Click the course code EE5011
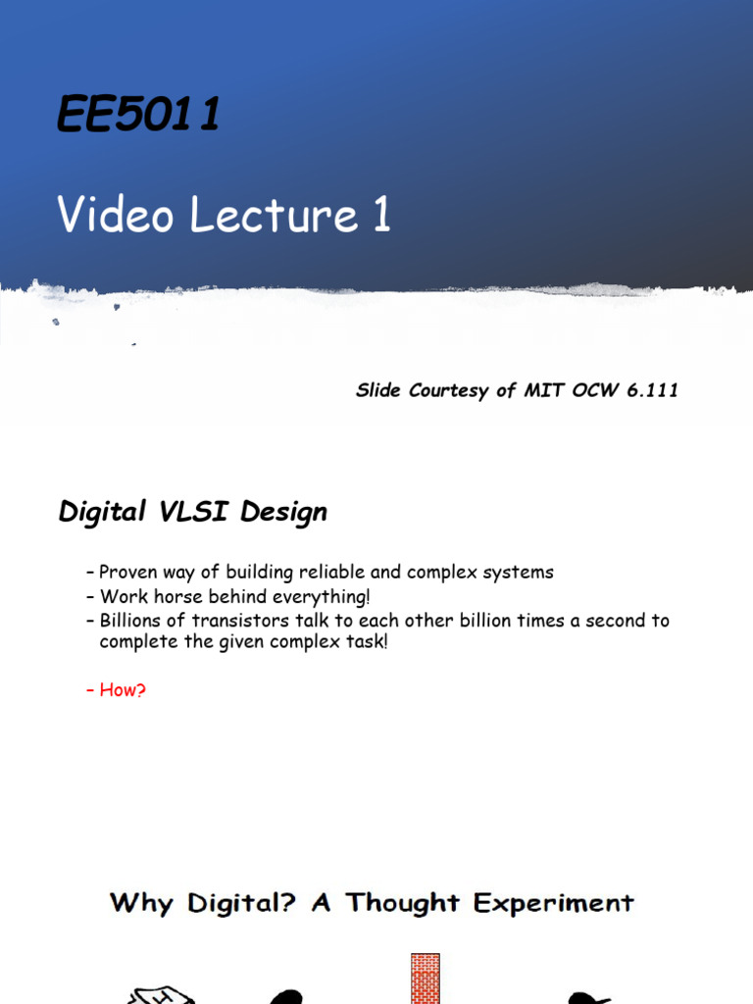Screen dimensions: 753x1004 point(138,114)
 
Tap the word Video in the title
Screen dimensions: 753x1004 point(116,214)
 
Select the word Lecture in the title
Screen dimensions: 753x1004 point(274,214)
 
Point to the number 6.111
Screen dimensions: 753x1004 point(652,390)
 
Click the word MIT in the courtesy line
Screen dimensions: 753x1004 point(543,390)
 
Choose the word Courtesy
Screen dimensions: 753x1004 point(448,390)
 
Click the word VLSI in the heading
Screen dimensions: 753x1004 point(193,511)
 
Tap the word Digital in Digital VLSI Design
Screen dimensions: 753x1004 point(102,512)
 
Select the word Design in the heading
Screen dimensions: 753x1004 point(283,512)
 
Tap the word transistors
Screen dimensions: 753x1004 point(240,620)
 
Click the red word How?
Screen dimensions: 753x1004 point(123,689)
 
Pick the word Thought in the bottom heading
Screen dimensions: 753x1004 point(403,903)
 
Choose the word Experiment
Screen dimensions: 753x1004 point(554,903)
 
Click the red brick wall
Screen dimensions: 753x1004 point(426,979)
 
